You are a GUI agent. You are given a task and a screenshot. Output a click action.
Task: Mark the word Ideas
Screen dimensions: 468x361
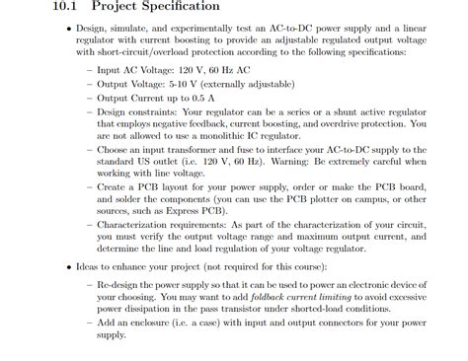(90, 266)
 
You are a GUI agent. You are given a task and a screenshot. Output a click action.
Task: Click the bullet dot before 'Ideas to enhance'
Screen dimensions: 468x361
(67, 266)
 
